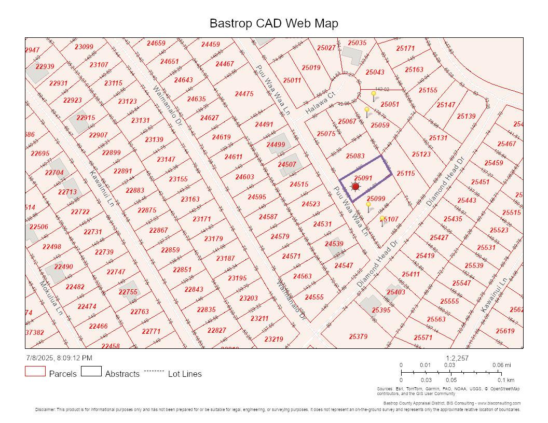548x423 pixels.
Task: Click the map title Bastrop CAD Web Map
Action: click(273, 23)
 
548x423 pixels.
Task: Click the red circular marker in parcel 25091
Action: click(355, 187)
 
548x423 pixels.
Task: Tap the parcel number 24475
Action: click(244, 94)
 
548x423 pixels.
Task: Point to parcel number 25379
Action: click(358, 336)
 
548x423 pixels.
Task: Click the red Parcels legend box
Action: click(35, 371)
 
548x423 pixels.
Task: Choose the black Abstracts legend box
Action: click(91, 371)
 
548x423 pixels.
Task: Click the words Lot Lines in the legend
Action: click(185, 374)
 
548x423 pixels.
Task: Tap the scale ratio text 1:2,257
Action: click(457, 358)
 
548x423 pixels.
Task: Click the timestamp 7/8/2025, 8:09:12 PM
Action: click(59, 358)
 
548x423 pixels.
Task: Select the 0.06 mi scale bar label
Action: click(501, 365)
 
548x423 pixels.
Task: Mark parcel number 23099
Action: click(84, 47)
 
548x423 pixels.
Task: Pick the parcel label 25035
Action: click(357, 43)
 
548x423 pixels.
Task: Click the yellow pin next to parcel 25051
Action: click(374, 95)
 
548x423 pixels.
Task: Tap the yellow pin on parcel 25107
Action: click(382, 220)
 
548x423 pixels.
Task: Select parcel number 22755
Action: click(128, 292)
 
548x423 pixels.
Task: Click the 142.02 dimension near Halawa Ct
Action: click(382, 89)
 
